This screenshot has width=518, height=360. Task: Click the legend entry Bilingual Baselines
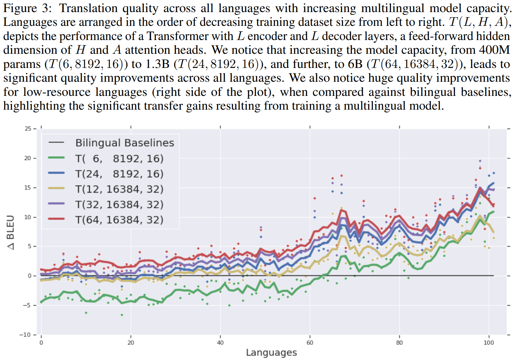point(125,143)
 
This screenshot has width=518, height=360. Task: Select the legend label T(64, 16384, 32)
point(119,220)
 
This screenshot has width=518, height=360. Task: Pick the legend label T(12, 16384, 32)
point(119,189)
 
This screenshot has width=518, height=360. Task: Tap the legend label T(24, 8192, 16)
point(119,174)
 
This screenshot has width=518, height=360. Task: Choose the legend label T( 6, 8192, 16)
point(119,158)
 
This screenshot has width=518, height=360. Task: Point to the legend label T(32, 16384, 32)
point(119,204)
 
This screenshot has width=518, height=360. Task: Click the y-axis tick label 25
point(28,129)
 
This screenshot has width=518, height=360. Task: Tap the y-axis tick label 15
point(28,188)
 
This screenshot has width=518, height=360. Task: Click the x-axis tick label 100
point(489,343)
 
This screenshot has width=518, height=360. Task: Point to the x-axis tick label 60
point(310,343)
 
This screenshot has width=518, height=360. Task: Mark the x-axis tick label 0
point(41,343)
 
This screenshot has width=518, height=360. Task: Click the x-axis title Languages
point(271,352)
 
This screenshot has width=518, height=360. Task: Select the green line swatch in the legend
point(56,158)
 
